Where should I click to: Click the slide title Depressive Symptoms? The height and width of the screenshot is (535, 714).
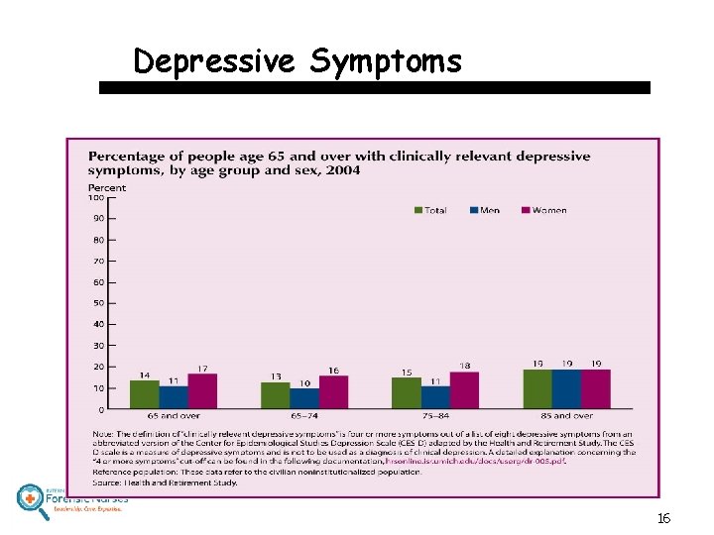(297, 61)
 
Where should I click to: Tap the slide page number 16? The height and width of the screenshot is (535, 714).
(663, 518)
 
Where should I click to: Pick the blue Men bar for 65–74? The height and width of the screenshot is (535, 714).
(304, 398)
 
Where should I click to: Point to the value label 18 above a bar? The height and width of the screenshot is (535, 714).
(464, 366)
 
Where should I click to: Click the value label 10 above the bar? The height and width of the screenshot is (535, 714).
(304, 381)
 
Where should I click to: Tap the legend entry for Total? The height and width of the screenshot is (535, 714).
(429, 210)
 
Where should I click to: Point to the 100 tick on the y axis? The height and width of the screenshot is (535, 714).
(97, 197)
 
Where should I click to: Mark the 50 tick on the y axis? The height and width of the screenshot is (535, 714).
(98, 303)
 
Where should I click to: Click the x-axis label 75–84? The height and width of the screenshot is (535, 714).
(435, 416)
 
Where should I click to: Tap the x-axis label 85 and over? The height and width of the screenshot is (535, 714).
(566, 416)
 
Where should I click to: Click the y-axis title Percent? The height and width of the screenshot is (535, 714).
(107, 187)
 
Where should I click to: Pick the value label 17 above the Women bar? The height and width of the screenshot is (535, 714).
(202, 368)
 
